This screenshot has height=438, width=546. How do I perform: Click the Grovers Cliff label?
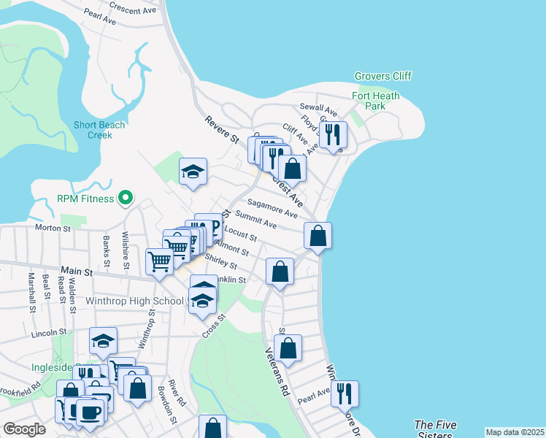click(x=383, y=76)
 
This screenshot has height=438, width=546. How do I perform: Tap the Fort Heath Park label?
click(x=379, y=101)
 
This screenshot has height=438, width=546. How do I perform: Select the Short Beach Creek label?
click(x=99, y=130)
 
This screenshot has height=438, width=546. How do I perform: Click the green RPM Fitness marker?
click(x=126, y=198)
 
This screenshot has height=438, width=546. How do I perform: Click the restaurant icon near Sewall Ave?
click(x=333, y=134)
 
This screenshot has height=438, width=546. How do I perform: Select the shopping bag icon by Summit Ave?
click(x=318, y=235)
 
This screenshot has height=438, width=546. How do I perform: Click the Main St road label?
click(x=78, y=271)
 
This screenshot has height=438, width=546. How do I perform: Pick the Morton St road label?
click(x=53, y=228)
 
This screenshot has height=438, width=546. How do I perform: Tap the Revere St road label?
click(x=222, y=129)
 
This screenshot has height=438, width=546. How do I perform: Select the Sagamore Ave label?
click(x=272, y=209)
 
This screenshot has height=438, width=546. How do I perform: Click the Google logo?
click(x=25, y=429)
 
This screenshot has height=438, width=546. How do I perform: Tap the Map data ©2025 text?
click(x=515, y=432)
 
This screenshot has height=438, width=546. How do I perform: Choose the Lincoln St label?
click(x=49, y=333)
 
